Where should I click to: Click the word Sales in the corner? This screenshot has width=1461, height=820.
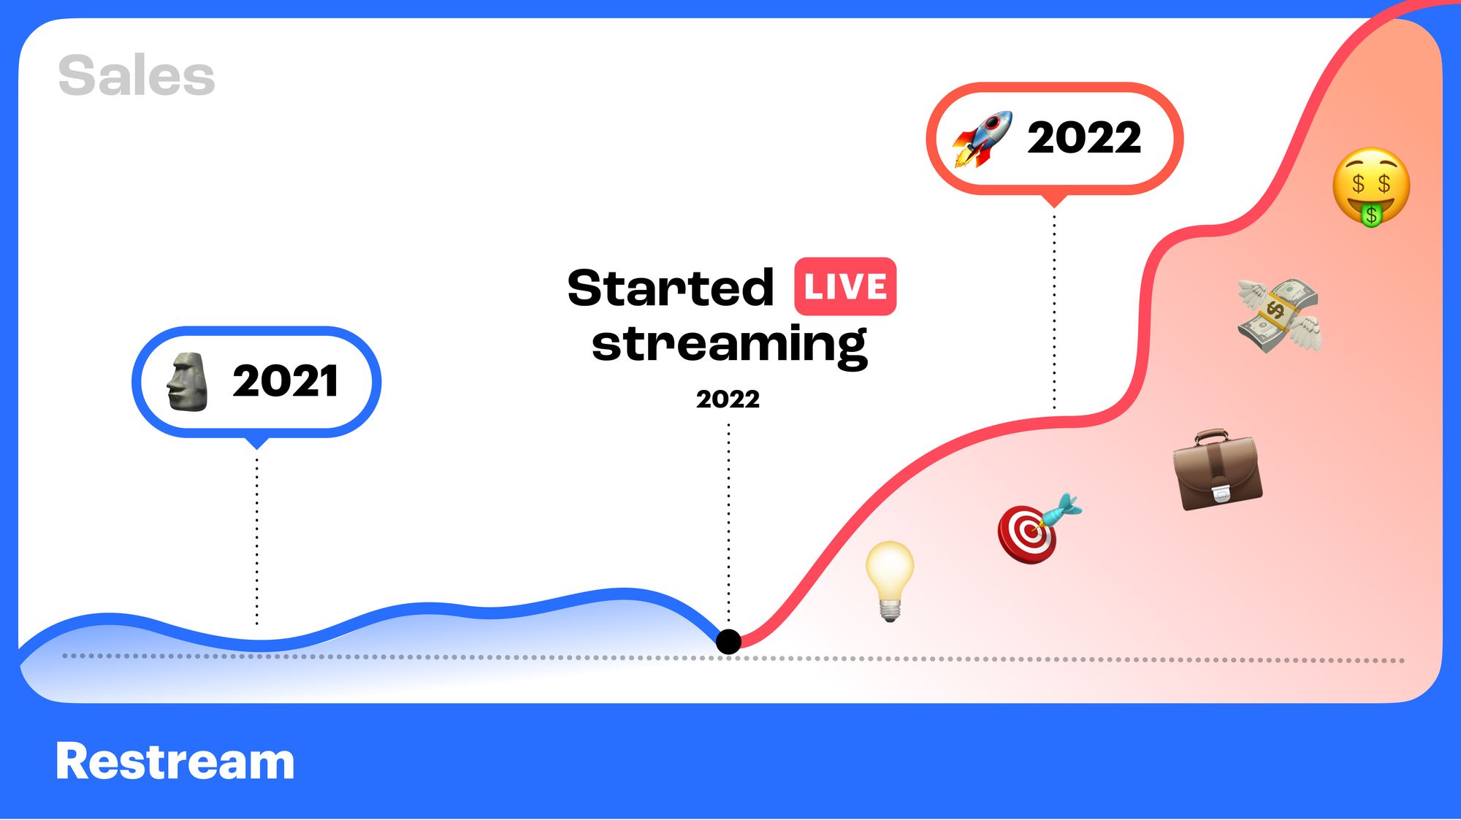[137, 76]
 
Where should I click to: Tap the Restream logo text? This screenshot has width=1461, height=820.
[175, 762]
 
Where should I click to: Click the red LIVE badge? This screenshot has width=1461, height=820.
[845, 286]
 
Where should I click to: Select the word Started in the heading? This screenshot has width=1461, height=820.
[670, 288]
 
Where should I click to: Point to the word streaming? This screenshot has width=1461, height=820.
[729, 345]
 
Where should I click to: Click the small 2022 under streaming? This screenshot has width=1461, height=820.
[728, 399]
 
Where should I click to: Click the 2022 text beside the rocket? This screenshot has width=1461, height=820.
[1084, 137]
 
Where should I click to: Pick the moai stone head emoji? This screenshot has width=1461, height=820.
[187, 381]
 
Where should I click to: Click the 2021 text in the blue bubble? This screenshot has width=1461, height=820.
[286, 381]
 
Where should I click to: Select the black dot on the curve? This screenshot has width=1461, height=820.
[728, 642]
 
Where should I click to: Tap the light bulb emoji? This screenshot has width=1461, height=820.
[890, 580]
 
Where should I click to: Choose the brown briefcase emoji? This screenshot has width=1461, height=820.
[1217, 470]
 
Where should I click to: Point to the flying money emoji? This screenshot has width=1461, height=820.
[1279, 315]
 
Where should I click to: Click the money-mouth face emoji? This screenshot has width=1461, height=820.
[1371, 186]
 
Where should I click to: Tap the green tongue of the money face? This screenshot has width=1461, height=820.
[1371, 215]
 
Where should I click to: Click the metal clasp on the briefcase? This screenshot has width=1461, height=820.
[1221, 494]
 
